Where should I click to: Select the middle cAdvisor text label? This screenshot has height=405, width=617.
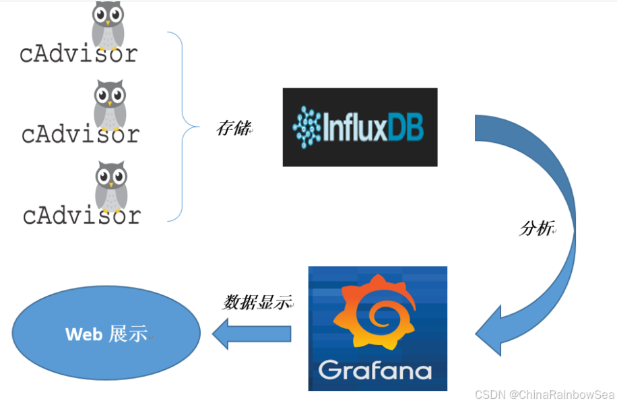80,134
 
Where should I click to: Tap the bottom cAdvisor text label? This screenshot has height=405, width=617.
82,216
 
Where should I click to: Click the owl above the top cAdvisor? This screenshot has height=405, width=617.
108,24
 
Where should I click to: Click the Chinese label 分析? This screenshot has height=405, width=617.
537,228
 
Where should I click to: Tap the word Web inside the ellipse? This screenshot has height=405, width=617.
84,334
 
